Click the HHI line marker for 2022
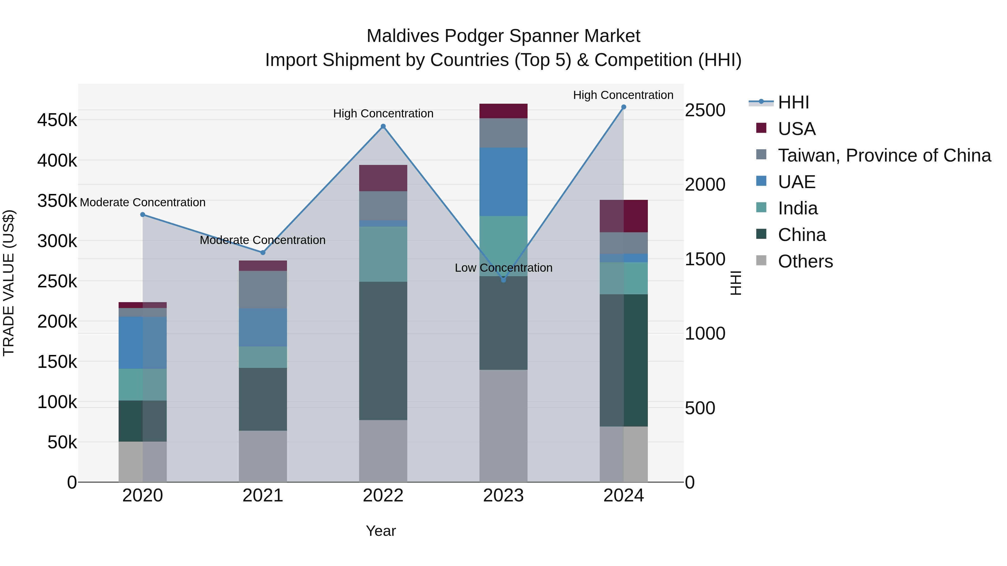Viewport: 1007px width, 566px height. coord(383,126)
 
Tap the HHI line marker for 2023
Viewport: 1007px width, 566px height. coord(503,280)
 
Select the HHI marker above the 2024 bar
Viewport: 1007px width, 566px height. coord(624,107)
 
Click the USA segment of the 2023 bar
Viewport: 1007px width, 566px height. coord(503,111)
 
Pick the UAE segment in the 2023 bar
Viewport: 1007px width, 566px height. coord(503,182)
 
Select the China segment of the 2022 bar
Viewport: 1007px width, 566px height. coord(383,351)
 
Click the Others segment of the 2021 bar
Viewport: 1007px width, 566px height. coord(263,456)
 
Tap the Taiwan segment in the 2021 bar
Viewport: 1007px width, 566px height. coord(263,290)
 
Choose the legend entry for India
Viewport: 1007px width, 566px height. coord(797,208)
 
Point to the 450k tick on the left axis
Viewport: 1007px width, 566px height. coord(57,120)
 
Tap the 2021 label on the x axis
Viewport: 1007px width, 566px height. coord(263,495)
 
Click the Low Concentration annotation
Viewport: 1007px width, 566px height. coord(503,268)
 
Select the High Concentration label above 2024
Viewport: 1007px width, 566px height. coord(623,95)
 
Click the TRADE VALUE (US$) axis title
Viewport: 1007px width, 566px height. coord(9,283)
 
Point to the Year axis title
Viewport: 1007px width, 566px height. coord(381,531)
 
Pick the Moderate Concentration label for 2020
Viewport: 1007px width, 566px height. coord(143,202)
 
